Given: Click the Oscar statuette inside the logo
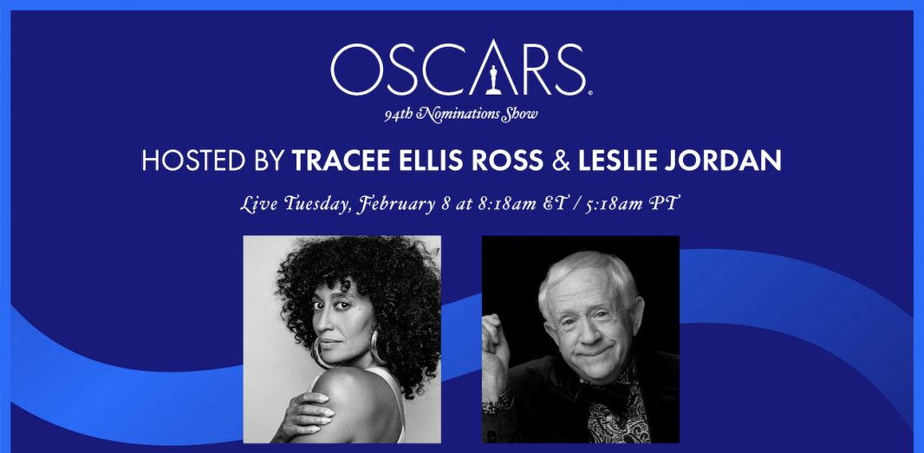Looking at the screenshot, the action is click(x=493, y=80).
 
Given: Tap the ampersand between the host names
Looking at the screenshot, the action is click(x=561, y=161).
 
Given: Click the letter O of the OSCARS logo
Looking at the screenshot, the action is click(x=355, y=69).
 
